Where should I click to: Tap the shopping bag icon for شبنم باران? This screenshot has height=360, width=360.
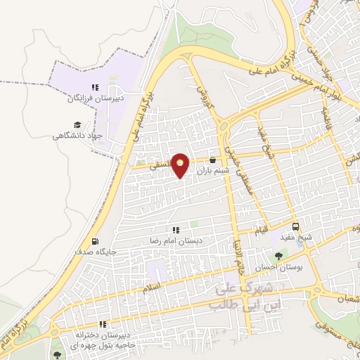(x=212, y=160)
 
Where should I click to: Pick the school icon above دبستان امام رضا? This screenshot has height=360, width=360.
(x=176, y=229)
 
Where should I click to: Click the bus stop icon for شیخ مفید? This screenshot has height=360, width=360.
(x=297, y=226)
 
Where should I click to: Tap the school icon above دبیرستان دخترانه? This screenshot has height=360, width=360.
(x=103, y=324)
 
